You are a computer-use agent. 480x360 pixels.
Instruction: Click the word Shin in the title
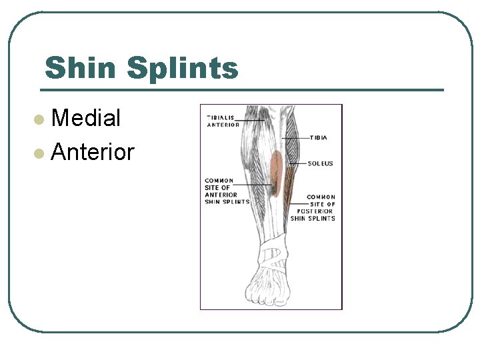(81, 68)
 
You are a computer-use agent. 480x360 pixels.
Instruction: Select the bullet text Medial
(85, 119)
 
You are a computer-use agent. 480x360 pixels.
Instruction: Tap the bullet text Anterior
(93, 152)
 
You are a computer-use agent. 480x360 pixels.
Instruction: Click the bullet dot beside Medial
(40, 120)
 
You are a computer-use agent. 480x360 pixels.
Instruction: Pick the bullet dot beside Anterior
(40, 153)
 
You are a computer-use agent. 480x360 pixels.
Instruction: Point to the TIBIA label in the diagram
(318, 138)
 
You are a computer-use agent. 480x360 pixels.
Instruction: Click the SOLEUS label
(320, 163)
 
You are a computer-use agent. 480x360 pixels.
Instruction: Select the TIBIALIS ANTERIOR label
(223, 121)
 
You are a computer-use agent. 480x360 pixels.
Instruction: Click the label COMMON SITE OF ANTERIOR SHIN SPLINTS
(227, 191)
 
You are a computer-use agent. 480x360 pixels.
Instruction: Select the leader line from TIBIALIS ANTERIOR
(252, 121)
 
